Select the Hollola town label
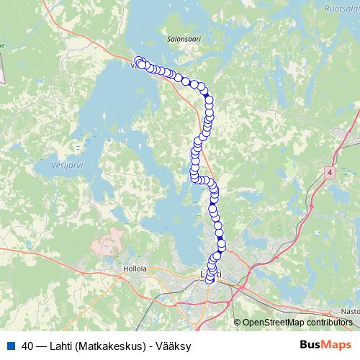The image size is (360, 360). click(135, 268)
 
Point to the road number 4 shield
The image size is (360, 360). click(330, 173)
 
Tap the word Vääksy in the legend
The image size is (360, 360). click(173, 346)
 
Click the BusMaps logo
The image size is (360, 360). click(325, 346)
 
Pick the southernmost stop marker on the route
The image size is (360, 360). click(210, 279)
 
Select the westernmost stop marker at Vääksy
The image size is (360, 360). click(139, 60)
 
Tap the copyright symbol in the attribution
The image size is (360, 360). click(238, 322)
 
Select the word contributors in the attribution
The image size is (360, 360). click(330, 322)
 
